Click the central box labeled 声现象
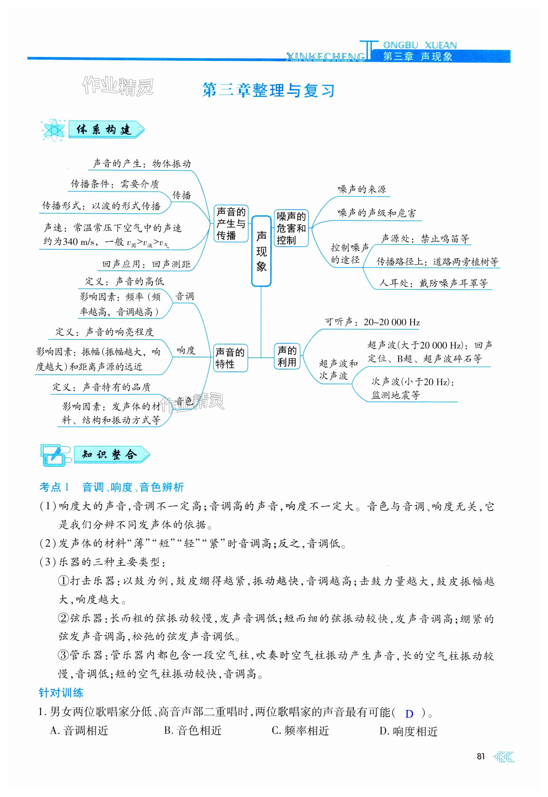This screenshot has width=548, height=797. click(x=261, y=251)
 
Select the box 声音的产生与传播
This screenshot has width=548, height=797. click(x=231, y=223)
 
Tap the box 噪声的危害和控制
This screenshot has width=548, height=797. click(x=291, y=228)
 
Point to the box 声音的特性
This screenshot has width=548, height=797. click(x=230, y=358)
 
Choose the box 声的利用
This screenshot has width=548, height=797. click(x=287, y=356)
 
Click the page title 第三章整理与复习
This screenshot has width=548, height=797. click(x=268, y=90)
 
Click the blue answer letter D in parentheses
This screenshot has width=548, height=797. click(x=409, y=714)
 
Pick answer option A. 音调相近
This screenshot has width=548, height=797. click(x=79, y=731)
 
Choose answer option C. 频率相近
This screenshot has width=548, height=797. click(x=300, y=731)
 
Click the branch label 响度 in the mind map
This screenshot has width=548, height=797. click(x=186, y=350)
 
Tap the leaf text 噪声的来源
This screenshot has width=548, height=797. click(x=362, y=189)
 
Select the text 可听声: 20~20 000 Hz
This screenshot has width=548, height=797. click(x=373, y=322)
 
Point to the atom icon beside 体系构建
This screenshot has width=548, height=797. click(x=54, y=130)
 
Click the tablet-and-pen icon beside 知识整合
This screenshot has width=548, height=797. click(x=55, y=455)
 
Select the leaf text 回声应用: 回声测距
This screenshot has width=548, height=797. click(x=146, y=264)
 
